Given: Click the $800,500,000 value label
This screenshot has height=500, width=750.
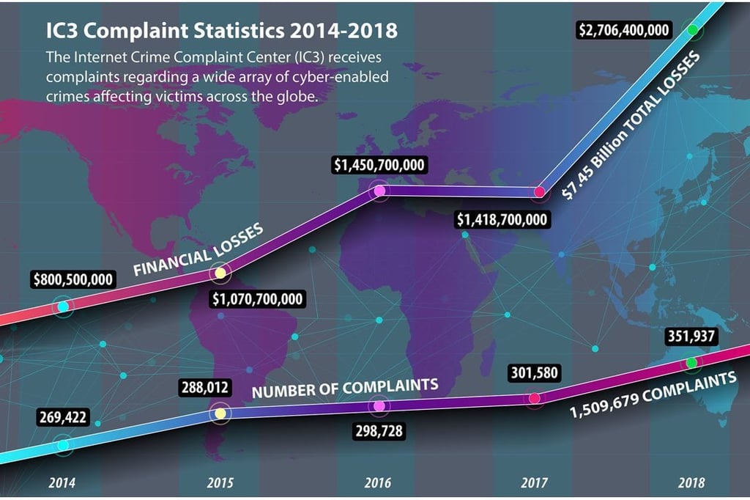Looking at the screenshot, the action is [73, 279].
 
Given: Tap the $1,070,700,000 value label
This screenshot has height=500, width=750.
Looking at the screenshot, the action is [257, 299].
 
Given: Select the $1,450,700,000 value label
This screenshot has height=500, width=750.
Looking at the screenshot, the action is [379, 165].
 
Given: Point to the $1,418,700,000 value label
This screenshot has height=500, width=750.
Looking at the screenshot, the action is [502, 219].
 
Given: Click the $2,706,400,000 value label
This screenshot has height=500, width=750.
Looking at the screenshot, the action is [624, 30].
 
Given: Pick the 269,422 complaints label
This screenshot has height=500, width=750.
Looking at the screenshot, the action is [63, 417].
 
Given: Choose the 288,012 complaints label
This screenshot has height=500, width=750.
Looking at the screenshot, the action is [205, 387].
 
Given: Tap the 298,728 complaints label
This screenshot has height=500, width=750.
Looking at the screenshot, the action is [379, 431].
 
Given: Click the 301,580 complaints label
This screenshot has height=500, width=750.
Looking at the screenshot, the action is [534, 372].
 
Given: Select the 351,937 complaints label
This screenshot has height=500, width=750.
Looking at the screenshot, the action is [691, 337].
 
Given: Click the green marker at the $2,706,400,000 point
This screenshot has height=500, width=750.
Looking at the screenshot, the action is [693, 30].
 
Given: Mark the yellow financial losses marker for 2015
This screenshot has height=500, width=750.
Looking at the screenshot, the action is [220, 273].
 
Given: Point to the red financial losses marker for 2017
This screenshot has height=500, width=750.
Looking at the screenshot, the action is [540, 192].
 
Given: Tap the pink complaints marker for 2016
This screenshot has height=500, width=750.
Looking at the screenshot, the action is [379, 406].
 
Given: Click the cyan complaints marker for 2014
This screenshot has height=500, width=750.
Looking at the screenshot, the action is [63, 446].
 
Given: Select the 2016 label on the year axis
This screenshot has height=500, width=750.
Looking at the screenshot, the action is [377, 482].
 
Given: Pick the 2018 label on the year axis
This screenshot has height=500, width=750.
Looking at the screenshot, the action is [691, 482].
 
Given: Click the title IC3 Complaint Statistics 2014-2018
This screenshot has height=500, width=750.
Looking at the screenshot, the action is [221, 30].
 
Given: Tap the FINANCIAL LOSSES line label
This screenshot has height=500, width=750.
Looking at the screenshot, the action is [198, 250].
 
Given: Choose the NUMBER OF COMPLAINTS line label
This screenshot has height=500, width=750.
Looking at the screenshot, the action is [345, 389].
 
